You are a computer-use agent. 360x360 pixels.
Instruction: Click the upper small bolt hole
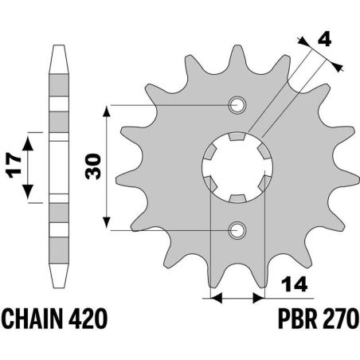pos(236,104)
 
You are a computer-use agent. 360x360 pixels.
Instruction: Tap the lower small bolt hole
pos(236,230)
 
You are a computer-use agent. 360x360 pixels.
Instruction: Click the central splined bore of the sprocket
pos(236,166)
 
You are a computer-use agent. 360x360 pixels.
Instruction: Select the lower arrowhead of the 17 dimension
pos(29,196)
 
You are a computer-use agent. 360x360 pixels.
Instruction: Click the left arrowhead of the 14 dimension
pos(213,299)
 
